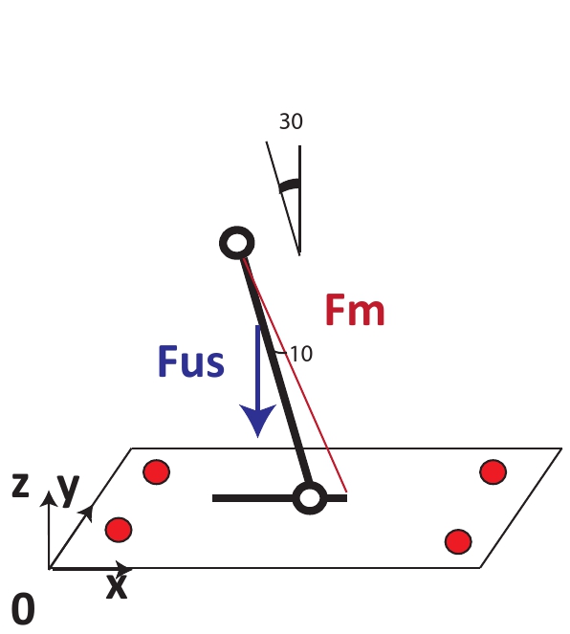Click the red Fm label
point(355,310)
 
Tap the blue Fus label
point(191,361)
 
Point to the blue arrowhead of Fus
point(258,420)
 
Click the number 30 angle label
point(291,121)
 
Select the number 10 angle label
point(301,354)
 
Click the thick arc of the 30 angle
point(290,186)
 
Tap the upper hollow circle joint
point(237,243)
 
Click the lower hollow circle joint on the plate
point(309,498)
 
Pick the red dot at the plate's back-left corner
point(157,471)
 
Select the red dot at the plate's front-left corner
point(119,530)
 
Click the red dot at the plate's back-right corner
point(493,471)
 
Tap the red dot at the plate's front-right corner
point(458,542)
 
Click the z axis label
point(21,485)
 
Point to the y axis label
point(69,490)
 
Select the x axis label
point(117,587)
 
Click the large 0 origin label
point(23,609)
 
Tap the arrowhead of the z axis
point(49,498)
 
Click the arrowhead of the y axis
point(87,512)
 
